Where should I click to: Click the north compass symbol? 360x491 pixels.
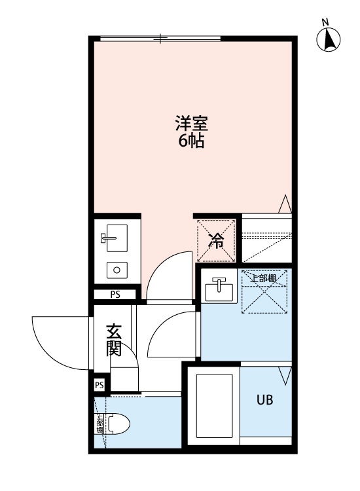click(x=329, y=40)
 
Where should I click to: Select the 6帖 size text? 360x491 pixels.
click(x=191, y=141)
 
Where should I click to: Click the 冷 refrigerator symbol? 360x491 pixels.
click(x=217, y=240)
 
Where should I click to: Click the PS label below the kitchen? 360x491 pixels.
click(x=115, y=295)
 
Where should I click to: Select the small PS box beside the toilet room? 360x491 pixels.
click(x=99, y=385)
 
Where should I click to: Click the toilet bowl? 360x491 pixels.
click(x=117, y=426)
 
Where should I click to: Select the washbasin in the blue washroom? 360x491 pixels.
click(x=219, y=288)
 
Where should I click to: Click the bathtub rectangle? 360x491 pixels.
click(x=215, y=406)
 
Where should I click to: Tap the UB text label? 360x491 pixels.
click(x=264, y=399)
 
